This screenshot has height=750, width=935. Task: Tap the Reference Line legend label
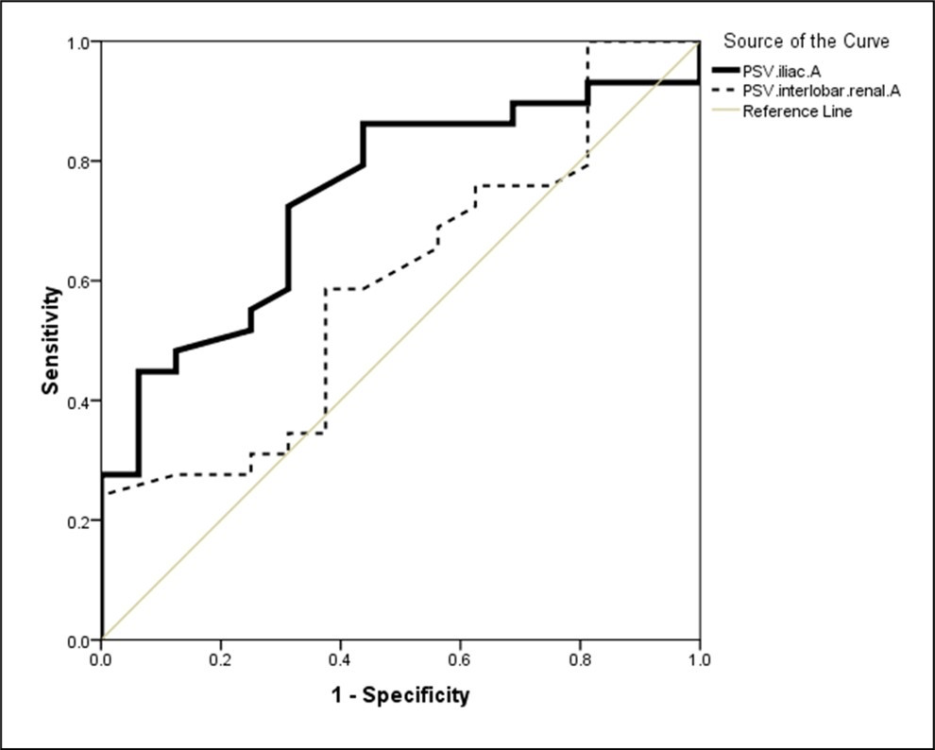pos(797,111)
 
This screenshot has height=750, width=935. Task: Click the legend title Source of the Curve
pos(806,42)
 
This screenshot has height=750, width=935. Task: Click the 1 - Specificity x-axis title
pos(399,696)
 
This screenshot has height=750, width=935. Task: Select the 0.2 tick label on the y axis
pos(78,520)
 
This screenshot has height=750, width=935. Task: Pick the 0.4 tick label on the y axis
pos(78,401)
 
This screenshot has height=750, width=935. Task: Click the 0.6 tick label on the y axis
pos(78,281)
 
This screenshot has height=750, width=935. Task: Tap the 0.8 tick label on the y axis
pos(78,162)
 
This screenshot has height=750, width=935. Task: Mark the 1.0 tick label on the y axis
pos(78,43)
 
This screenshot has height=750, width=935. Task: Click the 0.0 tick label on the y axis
pos(78,640)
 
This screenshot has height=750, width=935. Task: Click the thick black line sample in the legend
pos(726,69)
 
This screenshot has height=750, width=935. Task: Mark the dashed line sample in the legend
pos(726,90)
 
